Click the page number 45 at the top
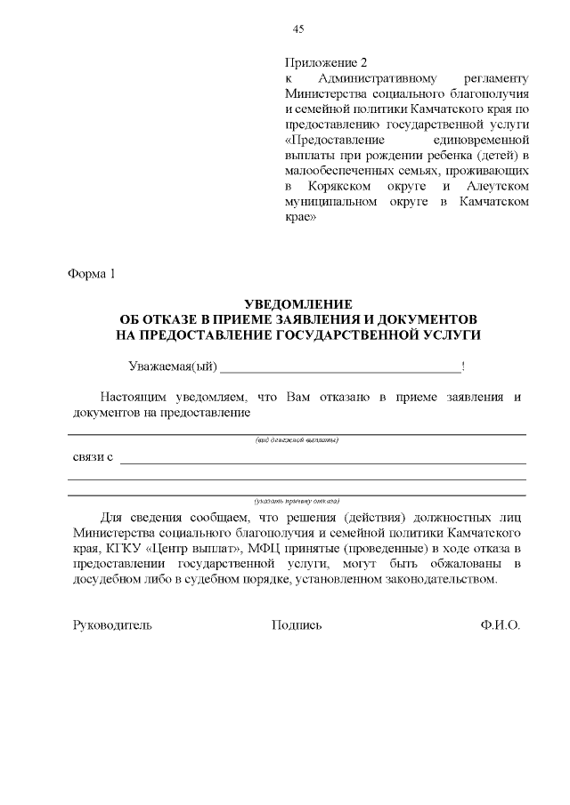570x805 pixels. click(298, 29)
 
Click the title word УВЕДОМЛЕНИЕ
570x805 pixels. click(298, 304)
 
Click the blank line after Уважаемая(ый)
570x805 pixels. click(340, 368)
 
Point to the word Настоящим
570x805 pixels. click(130, 397)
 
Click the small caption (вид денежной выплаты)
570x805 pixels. click(297, 440)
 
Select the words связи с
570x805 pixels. click(93, 457)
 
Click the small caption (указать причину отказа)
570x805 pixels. click(297, 500)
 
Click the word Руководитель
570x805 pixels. click(112, 625)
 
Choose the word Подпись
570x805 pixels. click(297, 625)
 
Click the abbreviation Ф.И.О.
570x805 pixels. click(499, 625)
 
